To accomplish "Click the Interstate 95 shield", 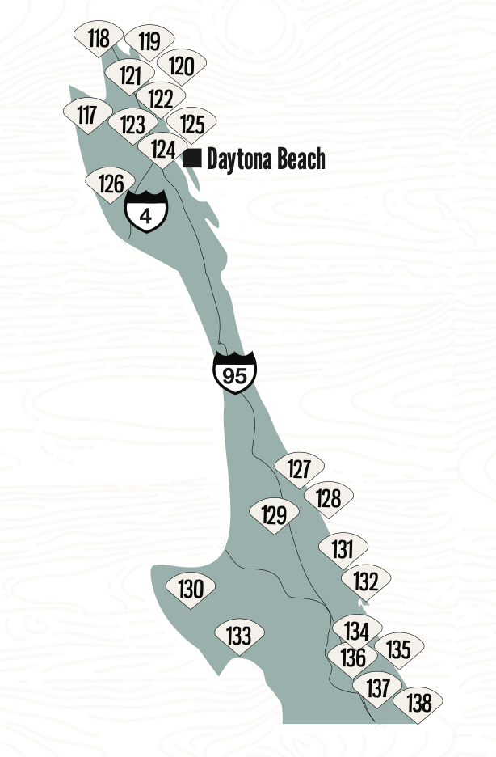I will (235, 374).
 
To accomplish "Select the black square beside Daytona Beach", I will (192, 158).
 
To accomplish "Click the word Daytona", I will (240, 159).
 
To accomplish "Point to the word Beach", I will (301, 159).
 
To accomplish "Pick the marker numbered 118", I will (99, 38).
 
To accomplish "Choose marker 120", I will (182, 66).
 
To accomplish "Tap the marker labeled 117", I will (87, 116).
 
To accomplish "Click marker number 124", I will (163, 150).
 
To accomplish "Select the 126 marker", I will (111, 184).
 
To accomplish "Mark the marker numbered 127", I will (299, 469).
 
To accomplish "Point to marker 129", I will (274, 515).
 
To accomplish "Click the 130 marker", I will (191, 589).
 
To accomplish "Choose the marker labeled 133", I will (238, 636).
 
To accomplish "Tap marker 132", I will (366, 581).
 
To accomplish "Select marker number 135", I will (399, 649).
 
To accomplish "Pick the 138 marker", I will (419, 703).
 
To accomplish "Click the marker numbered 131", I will (343, 549).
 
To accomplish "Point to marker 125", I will (191, 125).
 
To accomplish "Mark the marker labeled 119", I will (149, 41).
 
